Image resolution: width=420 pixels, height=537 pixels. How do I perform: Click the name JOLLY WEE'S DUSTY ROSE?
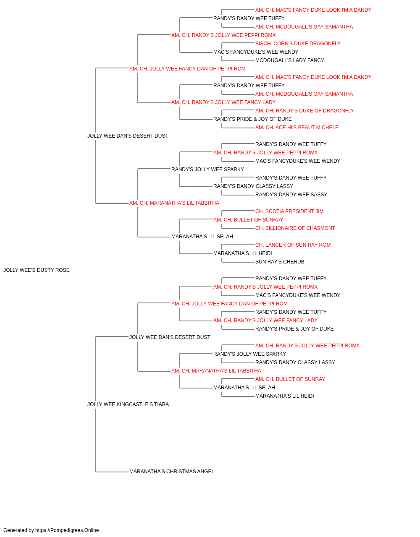click(x=37, y=270)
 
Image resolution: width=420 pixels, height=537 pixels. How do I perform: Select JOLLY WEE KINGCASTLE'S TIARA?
click(x=128, y=404)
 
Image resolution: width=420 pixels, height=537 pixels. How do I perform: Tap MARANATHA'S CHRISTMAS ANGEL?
click(x=172, y=472)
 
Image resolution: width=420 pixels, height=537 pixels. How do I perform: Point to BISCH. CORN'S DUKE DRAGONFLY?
click(x=298, y=44)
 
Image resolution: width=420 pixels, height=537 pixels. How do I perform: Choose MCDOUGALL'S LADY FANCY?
click(x=290, y=60)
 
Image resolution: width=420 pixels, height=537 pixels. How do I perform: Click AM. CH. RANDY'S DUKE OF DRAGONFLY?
click(x=304, y=111)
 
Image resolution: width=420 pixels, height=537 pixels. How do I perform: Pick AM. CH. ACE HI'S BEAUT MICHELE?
click(x=297, y=128)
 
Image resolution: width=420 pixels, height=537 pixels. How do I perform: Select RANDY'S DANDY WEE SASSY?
click(x=291, y=195)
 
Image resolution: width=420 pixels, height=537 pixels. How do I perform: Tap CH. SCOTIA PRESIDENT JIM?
click(x=289, y=211)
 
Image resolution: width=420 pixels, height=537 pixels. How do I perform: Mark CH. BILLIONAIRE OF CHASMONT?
click(x=295, y=228)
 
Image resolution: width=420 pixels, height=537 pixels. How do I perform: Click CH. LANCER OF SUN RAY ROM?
click(x=293, y=245)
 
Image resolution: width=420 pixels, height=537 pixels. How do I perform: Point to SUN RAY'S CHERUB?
click(x=280, y=262)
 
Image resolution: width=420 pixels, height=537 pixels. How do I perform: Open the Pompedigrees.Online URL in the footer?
click(x=67, y=530)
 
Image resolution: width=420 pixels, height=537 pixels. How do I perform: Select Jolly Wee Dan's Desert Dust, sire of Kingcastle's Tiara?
click(x=170, y=337)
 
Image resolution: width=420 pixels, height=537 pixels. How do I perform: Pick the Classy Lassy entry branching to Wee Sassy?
click(x=253, y=186)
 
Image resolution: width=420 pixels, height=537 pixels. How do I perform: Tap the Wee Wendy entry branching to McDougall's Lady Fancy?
click(x=256, y=52)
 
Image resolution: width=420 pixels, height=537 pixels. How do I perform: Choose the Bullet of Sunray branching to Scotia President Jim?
click(x=248, y=220)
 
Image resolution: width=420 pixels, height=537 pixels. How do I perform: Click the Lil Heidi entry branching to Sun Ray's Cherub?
click(x=242, y=253)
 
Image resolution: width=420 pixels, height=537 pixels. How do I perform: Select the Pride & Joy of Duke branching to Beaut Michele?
click(x=252, y=119)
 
